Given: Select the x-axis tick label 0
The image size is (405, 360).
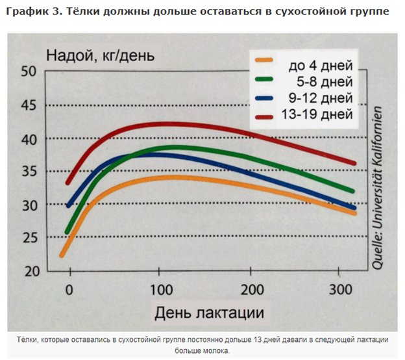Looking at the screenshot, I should [x=69, y=289].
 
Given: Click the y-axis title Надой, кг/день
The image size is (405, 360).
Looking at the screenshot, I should [x=100, y=55].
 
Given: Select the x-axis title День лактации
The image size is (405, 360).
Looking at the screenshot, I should [x=209, y=313].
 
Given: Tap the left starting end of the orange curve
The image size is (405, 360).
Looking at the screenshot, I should [x=62, y=255].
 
